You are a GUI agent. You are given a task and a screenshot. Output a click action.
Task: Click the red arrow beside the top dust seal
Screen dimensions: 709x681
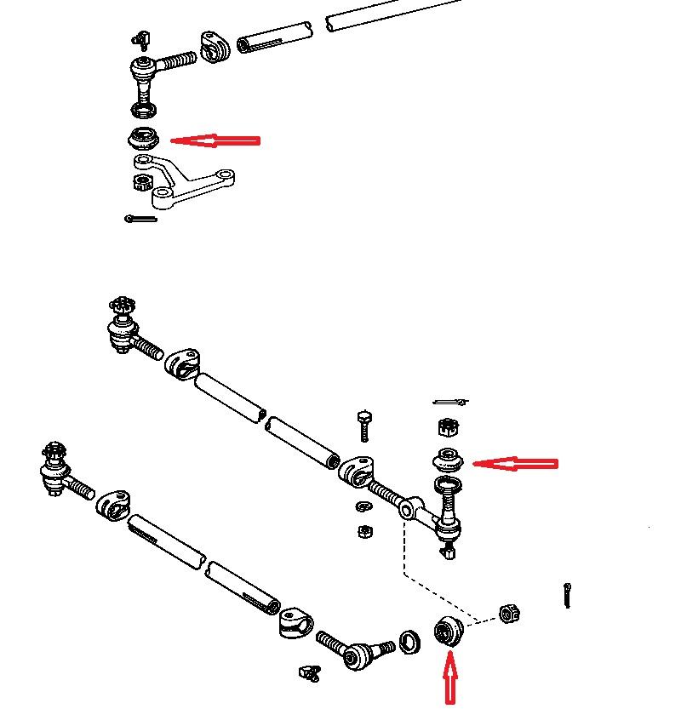(215, 140)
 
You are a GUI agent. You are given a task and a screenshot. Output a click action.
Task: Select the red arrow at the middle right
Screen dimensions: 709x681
(514, 464)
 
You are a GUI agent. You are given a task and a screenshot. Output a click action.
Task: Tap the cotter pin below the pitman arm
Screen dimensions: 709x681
(140, 219)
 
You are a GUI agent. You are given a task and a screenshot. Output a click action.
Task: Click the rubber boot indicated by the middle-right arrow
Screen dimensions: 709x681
(448, 460)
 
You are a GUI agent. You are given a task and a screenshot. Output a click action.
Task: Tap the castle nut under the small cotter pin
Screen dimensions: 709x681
(448, 426)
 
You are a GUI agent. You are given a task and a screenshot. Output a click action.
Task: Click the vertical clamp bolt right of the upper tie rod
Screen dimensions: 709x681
(365, 423)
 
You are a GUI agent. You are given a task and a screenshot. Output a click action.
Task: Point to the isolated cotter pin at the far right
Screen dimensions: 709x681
(566, 595)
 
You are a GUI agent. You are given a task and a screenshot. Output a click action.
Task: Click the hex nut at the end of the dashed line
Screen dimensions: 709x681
(508, 612)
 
